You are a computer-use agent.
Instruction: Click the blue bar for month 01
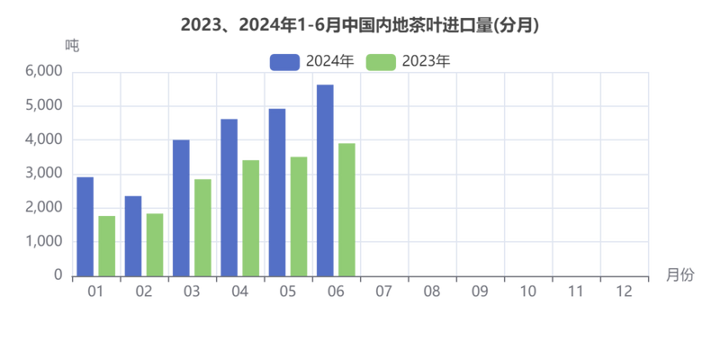tap(85, 225)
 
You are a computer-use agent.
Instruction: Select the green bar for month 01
tap(107, 244)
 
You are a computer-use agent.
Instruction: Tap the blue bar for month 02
tap(133, 234)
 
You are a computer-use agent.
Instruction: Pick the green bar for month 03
tap(202, 226)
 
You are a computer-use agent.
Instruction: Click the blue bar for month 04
tap(229, 195)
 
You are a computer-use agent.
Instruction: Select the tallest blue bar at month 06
tap(326, 178)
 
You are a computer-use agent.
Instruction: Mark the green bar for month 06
tap(346, 209)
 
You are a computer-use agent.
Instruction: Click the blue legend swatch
tap(284, 60)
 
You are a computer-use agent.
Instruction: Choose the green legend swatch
tap(382, 60)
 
